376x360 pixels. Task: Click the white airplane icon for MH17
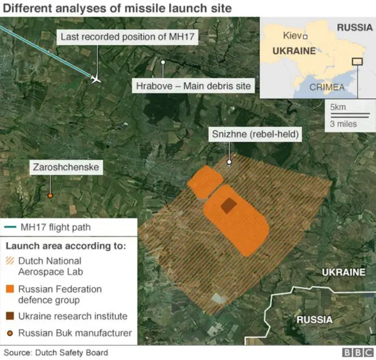click(96, 78)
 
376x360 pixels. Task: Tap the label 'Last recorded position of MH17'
click(130, 38)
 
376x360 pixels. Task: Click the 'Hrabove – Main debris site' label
click(193, 86)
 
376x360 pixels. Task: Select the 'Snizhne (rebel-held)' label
click(255, 134)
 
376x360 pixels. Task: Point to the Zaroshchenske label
click(66, 168)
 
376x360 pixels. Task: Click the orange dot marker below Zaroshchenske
click(51, 195)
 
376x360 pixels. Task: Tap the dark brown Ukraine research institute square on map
click(227, 206)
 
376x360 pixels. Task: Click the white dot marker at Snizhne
click(230, 161)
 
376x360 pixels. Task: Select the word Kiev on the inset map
click(292, 35)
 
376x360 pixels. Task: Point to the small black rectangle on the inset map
click(357, 61)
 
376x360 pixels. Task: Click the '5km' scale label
click(337, 107)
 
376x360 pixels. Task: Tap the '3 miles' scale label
click(342, 124)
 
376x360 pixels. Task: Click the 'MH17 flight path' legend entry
click(55, 228)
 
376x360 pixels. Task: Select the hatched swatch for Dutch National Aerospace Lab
click(10, 261)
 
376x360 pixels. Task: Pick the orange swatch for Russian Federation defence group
click(10, 290)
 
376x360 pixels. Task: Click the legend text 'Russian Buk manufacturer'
click(75, 334)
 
